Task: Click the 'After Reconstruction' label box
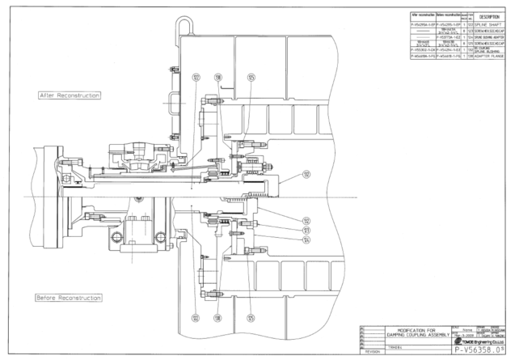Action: [x=70, y=95]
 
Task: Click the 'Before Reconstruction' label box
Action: [x=70, y=298]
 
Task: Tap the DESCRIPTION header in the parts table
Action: [x=491, y=16]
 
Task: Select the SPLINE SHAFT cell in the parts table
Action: [x=491, y=24]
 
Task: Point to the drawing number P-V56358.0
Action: [x=482, y=350]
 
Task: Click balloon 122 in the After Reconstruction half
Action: [x=196, y=77]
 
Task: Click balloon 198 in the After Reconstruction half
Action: [x=217, y=77]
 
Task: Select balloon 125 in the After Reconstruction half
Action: [x=251, y=77]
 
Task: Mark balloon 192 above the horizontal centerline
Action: [x=306, y=174]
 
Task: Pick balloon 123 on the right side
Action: [x=306, y=231]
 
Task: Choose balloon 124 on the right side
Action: [x=306, y=239]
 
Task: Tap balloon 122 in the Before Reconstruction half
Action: [x=196, y=318]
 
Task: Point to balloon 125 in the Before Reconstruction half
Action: [x=251, y=318]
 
